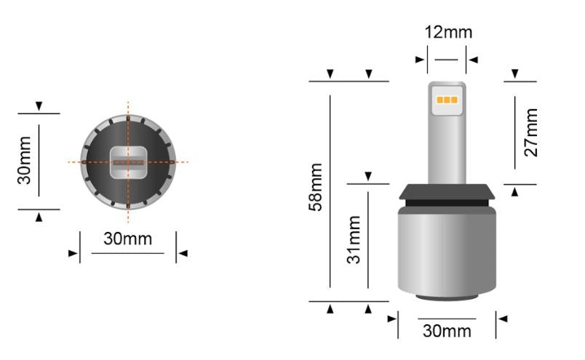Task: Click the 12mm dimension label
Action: point(448,32)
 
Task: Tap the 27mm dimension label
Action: point(531,132)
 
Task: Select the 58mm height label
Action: point(316,187)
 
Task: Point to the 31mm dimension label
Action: point(354,239)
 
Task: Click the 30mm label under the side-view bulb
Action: point(447,331)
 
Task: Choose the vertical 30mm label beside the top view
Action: point(24,160)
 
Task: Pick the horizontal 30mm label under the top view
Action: point(127,239)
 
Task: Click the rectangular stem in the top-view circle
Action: point(128,161)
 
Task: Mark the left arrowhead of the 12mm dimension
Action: point(421,60)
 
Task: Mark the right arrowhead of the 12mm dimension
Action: point(473,60)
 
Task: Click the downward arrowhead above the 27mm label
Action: point(515,74)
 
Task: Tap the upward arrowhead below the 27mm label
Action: point(515,192)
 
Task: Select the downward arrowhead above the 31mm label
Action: point(368,176)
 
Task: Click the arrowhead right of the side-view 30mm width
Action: point(502,319)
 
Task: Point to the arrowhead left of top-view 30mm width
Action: point(73,253)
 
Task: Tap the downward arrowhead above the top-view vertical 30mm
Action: point(38,106)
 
